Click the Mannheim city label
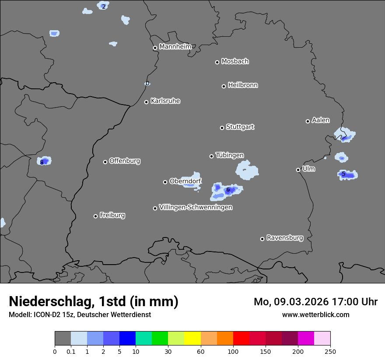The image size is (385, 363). click(x=175, y=46)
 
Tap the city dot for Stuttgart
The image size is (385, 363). click(x=222, y=128)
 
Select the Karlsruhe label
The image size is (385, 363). click(x=165, y=101)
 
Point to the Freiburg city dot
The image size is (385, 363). click(x=95, y=216)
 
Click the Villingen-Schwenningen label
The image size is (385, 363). click(x=196, y=207)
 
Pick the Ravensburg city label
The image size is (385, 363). click(x=284, y=238)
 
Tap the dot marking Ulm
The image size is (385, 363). click(x=298, y=170)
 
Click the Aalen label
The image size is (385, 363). click(x=320, y=120)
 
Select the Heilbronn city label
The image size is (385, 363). click(x=242, y=85)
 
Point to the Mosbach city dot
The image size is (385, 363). click(x=217, y=62)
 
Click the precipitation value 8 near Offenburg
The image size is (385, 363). click(x=42, y=162)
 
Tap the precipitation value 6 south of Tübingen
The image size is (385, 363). click(x=228, y=189)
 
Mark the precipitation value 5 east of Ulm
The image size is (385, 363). click(x=343, y=174)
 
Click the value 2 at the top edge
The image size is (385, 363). click(x=103, y=7)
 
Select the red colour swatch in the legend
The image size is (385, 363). click(x=241, y=339)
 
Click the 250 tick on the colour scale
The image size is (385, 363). click(x=330, y=351)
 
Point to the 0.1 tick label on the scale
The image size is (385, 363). click(x=71, y=351)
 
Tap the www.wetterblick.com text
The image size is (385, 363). click(x=315, y=314)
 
